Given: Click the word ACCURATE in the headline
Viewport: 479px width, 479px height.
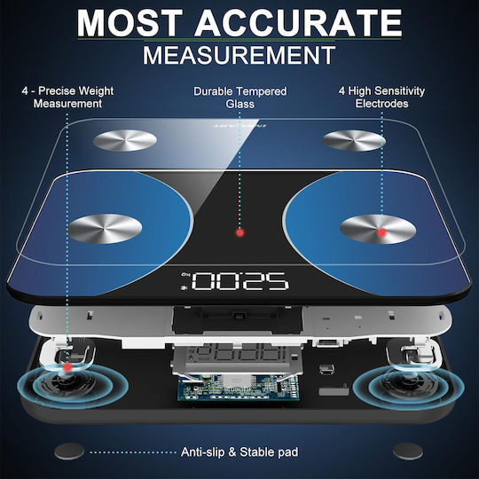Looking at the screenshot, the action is pos(298,23).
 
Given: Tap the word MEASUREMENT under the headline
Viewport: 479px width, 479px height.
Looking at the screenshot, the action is pos(239,55).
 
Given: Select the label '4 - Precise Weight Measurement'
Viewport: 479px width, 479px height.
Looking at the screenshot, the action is pos(67,98).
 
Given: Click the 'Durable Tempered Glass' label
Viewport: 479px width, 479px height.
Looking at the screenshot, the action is pos(240,98).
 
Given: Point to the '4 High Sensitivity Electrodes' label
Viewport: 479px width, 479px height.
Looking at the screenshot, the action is pos(381,98).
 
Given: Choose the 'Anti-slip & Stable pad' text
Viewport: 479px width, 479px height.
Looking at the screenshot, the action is pos(239,452).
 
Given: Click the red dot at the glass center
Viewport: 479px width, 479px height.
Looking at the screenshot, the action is pos(240,232).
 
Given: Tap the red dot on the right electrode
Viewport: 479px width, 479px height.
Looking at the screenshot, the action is pos(381,232).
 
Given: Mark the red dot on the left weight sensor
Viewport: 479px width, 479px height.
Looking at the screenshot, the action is pos(67,367).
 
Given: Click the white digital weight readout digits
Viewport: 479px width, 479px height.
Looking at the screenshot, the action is pos(239,281).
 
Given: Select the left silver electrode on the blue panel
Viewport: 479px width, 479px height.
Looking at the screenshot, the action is pos(105,229).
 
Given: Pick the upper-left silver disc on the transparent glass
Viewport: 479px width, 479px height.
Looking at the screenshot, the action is pos(125,140).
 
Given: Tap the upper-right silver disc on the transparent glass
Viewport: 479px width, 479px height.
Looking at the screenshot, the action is pos(354,140).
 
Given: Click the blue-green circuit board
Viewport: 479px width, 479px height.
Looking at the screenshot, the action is pos(239,388).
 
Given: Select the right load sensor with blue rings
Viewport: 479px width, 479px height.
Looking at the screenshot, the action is pos(409,386).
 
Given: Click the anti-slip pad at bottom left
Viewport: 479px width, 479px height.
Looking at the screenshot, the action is pos(69,452).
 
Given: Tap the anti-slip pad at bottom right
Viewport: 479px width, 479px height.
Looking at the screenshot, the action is pos(408,452).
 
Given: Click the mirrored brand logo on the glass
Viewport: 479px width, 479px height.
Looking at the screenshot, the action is pos(239,126).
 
